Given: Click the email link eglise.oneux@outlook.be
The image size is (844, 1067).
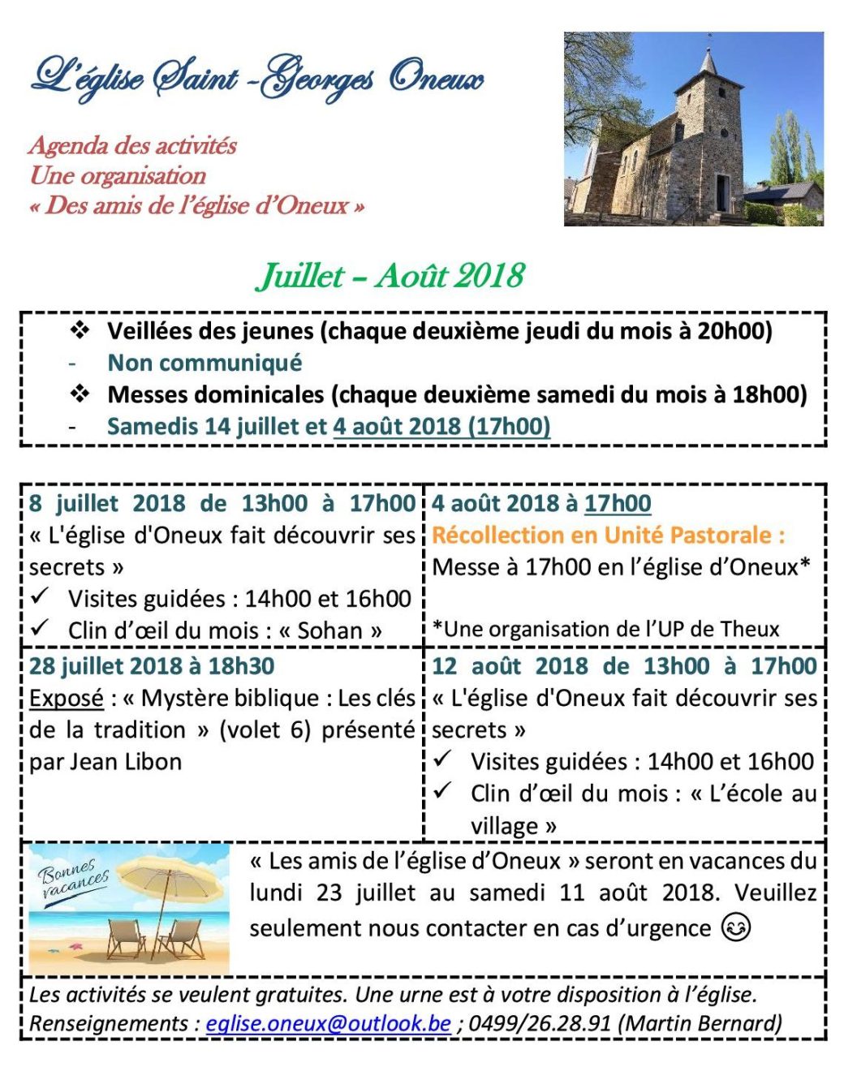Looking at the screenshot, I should [328, 1023].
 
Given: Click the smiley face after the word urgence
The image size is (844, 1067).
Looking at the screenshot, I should [736, 927].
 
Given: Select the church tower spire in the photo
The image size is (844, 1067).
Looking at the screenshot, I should [709, 61].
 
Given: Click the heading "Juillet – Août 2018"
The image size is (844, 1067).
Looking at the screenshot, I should [390, 276].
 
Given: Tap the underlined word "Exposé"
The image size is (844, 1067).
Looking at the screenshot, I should [67, 698].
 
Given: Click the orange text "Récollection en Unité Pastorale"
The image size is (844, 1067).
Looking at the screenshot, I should [607, 536].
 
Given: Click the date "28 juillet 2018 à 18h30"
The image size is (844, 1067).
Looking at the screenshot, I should [152, 666].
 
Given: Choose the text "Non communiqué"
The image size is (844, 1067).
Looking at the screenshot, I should [205, 363].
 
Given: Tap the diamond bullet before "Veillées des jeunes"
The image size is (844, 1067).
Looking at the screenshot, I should [80, 330].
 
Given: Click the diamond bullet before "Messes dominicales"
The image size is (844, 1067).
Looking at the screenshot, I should [80, 394].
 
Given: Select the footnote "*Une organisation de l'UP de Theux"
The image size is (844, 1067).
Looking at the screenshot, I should [605, 629].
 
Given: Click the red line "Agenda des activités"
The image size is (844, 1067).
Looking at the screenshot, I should [132, 146].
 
